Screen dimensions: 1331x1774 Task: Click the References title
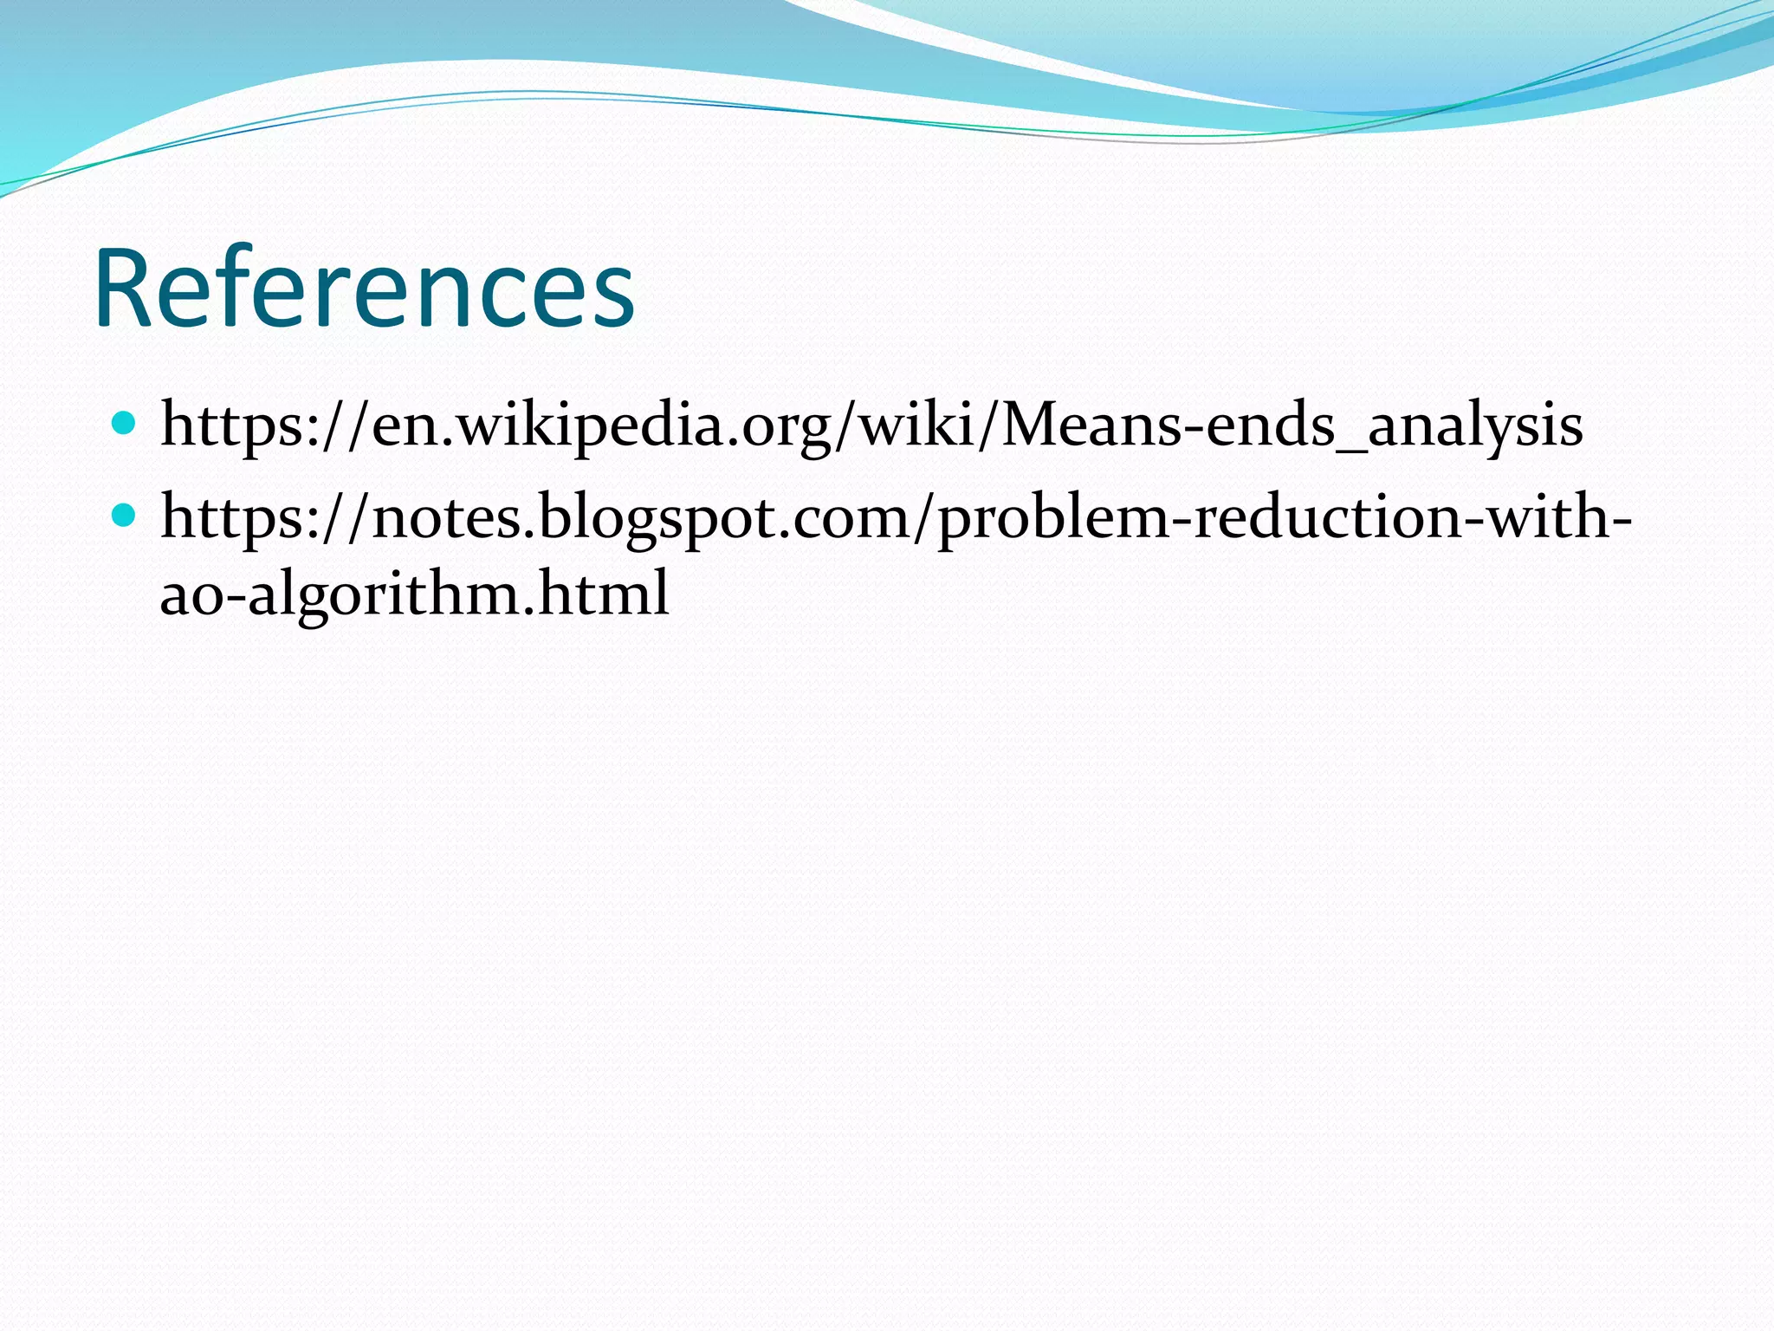coord(365,289)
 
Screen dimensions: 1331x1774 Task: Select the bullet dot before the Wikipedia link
coord(125,424)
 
